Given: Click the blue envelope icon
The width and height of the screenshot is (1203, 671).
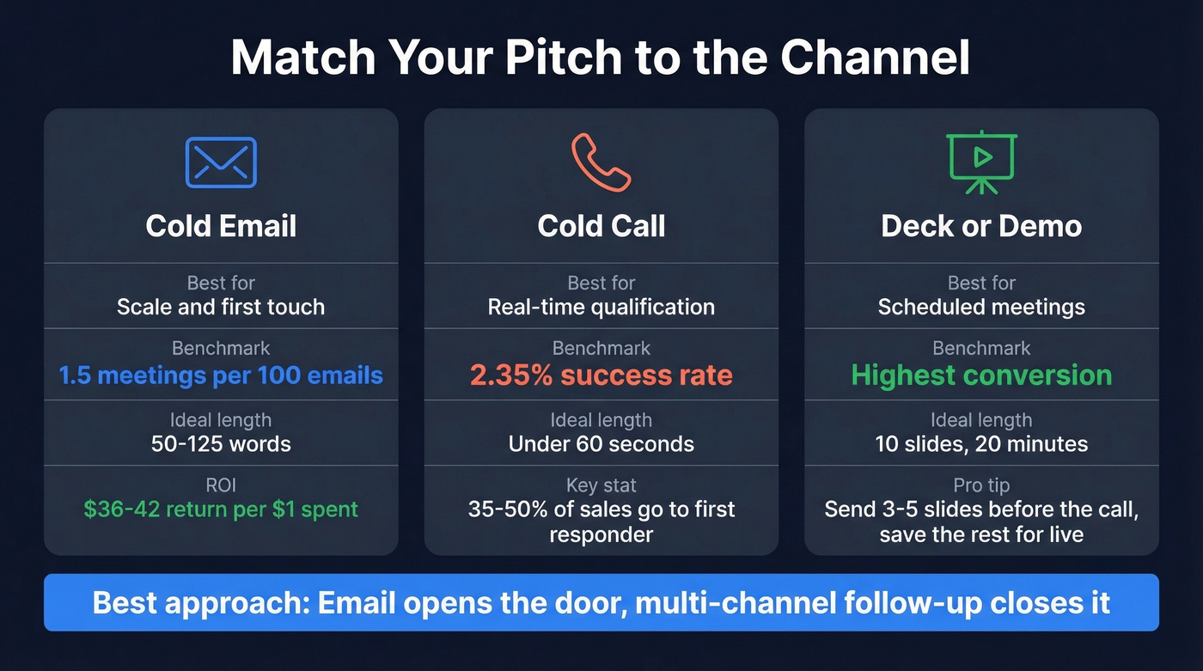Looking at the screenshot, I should coord(221,162).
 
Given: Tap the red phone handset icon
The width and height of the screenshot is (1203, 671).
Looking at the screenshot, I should coord(601,162).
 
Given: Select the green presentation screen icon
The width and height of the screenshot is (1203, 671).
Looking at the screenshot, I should coord(981,162).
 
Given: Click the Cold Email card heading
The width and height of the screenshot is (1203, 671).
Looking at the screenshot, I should coord(221,226).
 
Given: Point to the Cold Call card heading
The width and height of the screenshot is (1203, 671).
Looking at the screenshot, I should coord(601,226).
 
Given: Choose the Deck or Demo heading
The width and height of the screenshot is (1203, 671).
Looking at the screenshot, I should coord(981,226).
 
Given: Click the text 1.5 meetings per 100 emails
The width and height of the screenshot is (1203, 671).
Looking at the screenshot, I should coord(221,375).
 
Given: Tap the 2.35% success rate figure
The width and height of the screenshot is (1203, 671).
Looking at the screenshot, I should coord(601,375).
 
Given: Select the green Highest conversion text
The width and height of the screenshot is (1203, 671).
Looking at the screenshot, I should coord(981,375).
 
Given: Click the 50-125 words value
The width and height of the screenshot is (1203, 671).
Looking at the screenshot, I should coord(221,444).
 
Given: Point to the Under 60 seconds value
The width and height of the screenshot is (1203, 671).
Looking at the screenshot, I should coord(601,444).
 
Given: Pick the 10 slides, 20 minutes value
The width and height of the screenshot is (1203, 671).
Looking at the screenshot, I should coord(981,444).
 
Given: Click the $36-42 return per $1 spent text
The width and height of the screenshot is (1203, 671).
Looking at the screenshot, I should coord(221,509).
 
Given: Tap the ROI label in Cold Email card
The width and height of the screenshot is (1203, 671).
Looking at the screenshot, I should coord(221,485).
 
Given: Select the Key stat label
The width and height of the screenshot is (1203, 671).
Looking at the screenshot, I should coord(601,485).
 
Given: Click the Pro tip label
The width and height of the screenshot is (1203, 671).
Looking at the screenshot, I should coord(981,485).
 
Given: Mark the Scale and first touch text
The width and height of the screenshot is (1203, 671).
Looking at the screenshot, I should coord(221,307).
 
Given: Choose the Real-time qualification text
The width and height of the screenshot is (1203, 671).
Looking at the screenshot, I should coord(601,307).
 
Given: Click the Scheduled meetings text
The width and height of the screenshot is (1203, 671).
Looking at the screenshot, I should coord(981,307).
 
